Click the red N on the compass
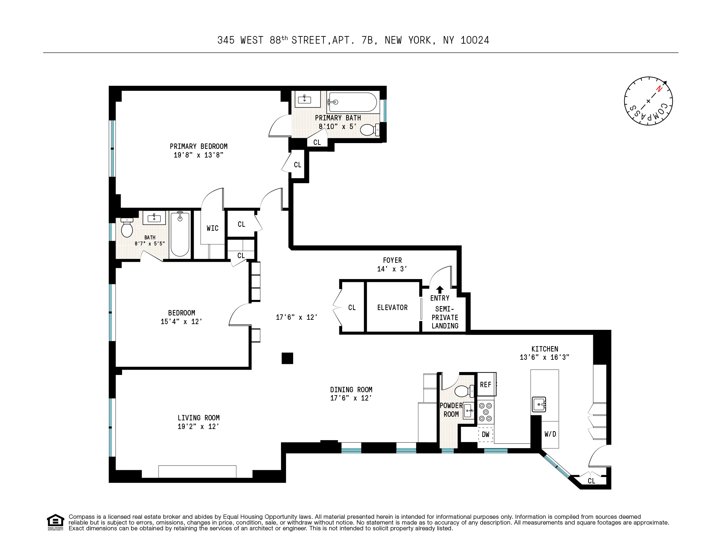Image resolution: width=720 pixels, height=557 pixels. [659, 89]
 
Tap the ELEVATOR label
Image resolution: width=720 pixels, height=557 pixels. [392, 308]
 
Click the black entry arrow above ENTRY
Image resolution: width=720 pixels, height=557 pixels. [439, 289]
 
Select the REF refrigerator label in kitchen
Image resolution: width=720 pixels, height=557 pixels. [486, 385]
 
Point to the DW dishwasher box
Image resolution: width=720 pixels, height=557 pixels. [485, 434]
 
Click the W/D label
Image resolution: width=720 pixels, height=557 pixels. [550, 434]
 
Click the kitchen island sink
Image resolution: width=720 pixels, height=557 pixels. [539, 405]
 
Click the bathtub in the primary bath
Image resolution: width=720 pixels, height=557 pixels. [352, 102]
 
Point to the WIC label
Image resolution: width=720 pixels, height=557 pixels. [213, 228]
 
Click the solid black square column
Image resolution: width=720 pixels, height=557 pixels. [287, 358]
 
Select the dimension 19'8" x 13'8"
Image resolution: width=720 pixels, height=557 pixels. [198, 155]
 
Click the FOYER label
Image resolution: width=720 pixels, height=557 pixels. [392, 260]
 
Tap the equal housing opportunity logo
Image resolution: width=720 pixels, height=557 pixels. [55, 522]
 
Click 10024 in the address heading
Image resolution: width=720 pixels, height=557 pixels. [475, 40]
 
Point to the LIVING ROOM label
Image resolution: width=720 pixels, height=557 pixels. [198, 418]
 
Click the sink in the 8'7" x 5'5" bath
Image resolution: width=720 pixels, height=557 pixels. [154, 218]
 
